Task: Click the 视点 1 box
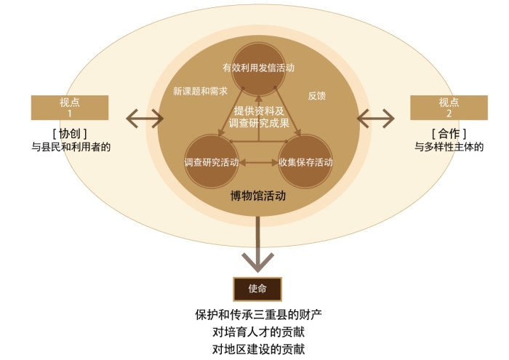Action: click(70, 108)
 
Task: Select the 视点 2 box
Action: click(449, 108)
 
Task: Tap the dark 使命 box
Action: click(257, 289)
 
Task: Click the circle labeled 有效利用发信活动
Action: click(258, 69)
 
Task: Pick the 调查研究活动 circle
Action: click(212, 161)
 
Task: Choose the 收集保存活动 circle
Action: click(305, 161)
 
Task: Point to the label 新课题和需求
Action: click(200, 91)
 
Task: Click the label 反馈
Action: click(316, 96)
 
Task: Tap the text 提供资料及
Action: click(259, 111)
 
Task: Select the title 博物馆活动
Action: click(258, 196)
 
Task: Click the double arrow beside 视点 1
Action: click(145, 119)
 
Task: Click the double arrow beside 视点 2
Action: click(376, 119)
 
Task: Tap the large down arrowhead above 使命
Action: click(257, 261)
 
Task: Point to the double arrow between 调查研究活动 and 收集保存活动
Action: click(258, 163)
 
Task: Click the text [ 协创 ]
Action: click(70, 133)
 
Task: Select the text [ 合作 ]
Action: click(449, 133)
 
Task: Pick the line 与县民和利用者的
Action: click(71, 147)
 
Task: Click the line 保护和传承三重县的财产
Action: click(258, 315)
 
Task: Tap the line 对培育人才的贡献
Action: click(258, 332)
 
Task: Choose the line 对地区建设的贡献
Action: click(258, 349)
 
